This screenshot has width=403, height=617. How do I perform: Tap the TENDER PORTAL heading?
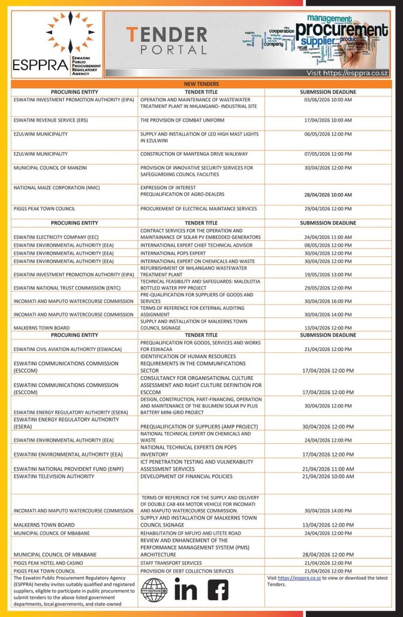pyautogui.click(x=167, y=41)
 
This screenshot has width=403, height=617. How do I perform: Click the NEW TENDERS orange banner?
pyautogui.click(x=201, y=84)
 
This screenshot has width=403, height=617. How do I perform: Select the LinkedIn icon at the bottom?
pyautogui.click(x=185, y=591)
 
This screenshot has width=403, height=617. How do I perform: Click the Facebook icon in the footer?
pyautogui.click(x=218, y=591)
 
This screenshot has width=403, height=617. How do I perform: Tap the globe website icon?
pyautogui.click(x=153, y=590)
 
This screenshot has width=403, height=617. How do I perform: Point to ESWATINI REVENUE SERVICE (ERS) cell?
pyautogui.click(x=50, y=120)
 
